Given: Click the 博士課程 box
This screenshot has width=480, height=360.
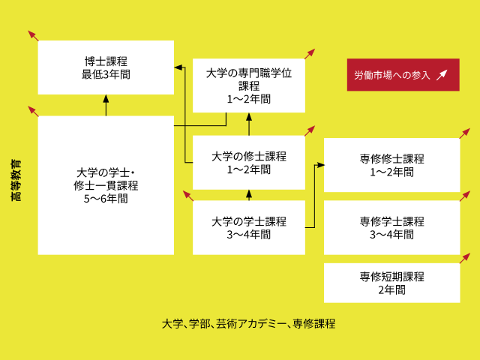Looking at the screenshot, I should pos(106,67).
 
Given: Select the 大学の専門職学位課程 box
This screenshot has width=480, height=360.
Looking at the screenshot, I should pos(249,85).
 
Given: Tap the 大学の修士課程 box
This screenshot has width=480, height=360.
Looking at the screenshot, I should pos(249,163).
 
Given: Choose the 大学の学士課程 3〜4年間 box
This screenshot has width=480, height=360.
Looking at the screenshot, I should pos(249,227).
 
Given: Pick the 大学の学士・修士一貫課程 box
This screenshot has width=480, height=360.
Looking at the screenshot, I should pos(106,185).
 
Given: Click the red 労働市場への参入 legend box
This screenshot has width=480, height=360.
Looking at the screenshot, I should pos(403,75).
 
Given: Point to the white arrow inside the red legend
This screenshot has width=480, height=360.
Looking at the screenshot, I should pos(442,74).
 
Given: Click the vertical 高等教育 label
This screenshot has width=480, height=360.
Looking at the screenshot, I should pos(16,180).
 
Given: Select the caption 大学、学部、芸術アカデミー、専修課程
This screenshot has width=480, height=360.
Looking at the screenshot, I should pos(248,324).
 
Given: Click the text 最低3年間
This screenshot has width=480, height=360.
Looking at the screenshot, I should pos(106,74).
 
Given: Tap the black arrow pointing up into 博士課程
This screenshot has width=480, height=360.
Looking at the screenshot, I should pos(106,106).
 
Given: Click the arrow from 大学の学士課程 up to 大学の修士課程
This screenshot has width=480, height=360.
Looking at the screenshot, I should pos(249,195).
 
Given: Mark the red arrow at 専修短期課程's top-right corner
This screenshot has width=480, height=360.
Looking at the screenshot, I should pos(464,259).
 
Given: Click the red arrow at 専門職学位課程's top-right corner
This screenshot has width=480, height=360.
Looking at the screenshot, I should pos(309,53).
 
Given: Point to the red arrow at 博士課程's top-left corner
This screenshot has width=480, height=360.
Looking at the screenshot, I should pos(33,35).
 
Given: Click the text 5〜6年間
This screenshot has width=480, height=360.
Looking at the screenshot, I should pos(106,199).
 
